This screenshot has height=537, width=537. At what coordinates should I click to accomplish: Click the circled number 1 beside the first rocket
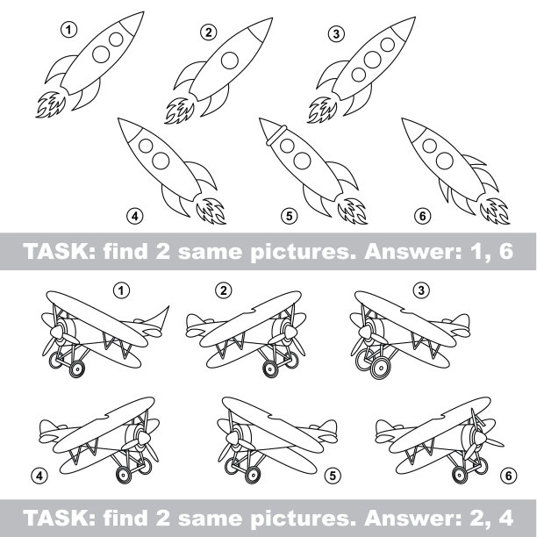[x=68, y=30]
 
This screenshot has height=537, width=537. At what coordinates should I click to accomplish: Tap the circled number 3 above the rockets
[x=336, y=34]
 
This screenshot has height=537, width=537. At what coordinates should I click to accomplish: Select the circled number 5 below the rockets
[x=289, y=216]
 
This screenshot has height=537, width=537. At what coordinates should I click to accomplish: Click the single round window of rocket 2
[x=230, y=61]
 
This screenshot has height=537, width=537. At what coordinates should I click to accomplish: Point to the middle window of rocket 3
[x=372, y=60]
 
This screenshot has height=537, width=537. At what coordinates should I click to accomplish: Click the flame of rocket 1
[x=51, y=104]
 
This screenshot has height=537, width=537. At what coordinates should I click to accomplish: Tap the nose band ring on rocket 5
[x=276, y=135]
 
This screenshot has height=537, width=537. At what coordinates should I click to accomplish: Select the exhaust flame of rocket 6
[x=495, y=211]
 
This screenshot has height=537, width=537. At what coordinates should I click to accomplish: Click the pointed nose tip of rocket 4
[x=118, y=119]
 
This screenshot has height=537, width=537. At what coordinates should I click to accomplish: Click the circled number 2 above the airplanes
[x=223, y=290]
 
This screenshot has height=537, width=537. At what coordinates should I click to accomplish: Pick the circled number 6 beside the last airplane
[x=508, y=476]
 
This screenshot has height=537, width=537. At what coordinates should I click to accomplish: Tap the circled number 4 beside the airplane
[x=39, y=476]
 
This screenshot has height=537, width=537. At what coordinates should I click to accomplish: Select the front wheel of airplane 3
[x=380, y=368]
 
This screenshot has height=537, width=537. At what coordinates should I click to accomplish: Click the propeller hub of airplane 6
[x=480, y=437]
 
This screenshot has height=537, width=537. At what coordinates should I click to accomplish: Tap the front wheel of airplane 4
[x=124, y=475]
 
